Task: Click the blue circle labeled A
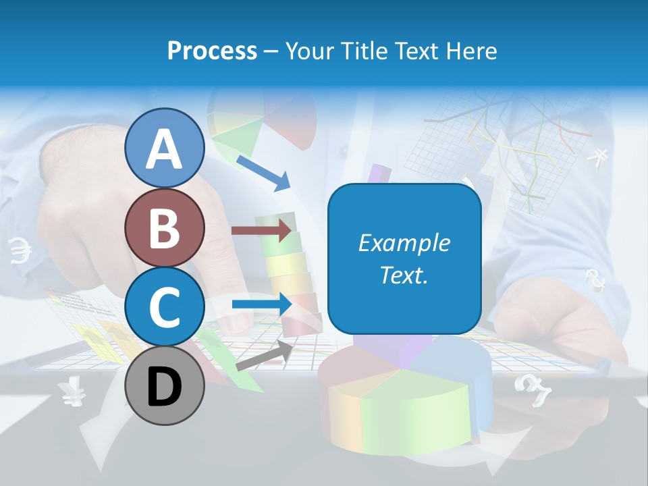[164, 148]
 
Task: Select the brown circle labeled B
[164, 228]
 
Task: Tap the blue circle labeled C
[164, 307]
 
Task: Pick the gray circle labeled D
[164, 386]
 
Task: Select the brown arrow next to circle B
[262, 231]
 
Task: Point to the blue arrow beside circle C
[262, 304]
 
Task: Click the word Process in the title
[212, 51]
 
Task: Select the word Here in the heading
[473, 51]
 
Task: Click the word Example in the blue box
[404, 243]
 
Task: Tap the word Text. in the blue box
[404, 275]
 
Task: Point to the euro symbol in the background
[20, 250]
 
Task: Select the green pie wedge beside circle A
[236, 132]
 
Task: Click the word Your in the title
[307, 51]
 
